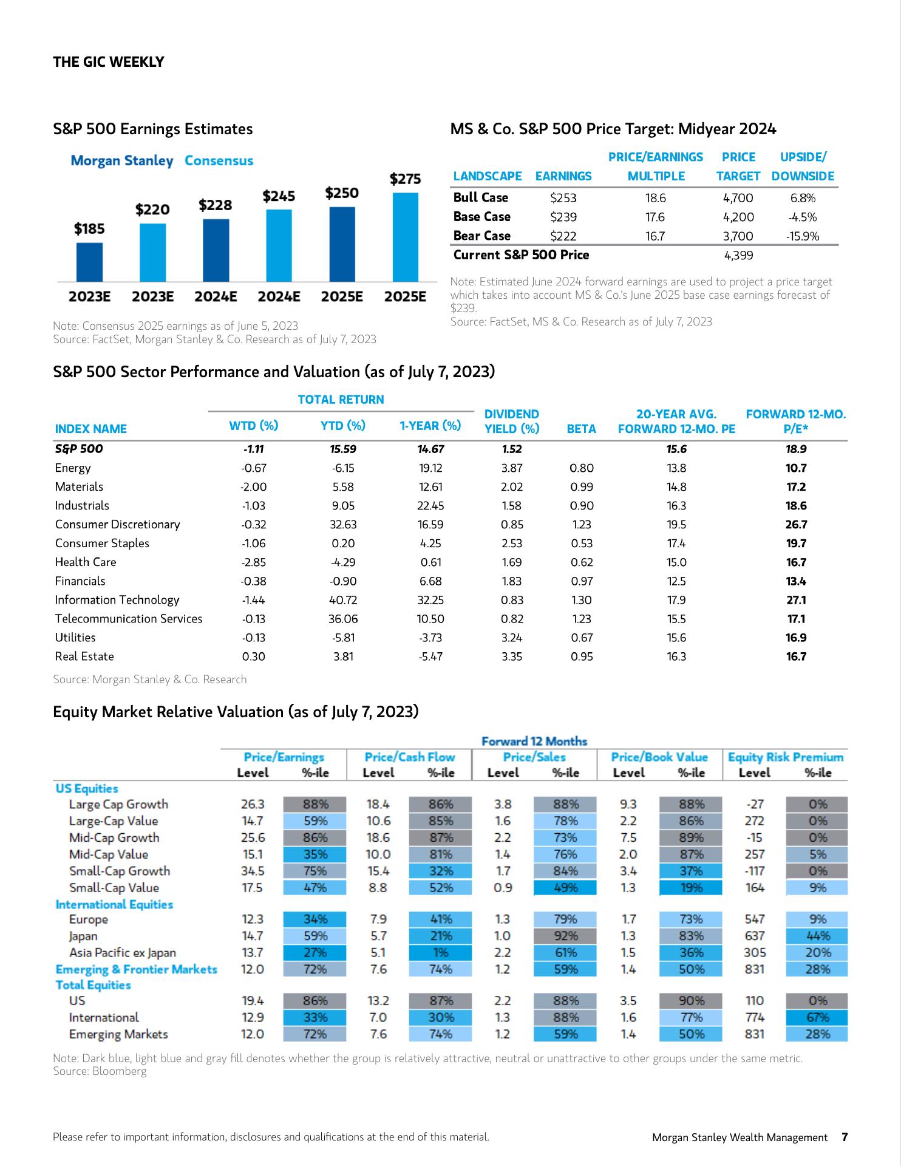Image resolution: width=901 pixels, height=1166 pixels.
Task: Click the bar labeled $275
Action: [405, 237]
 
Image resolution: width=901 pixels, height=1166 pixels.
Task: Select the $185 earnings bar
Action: [89, 262]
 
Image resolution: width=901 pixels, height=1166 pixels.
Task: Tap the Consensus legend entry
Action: [219, 161]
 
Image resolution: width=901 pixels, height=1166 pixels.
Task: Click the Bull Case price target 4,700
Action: [738, 198]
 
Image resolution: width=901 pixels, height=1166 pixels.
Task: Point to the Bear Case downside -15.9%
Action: [803, 236]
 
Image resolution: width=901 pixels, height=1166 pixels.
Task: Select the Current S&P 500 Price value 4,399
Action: [739, 256]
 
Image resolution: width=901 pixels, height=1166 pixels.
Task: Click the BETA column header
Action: [581, 429]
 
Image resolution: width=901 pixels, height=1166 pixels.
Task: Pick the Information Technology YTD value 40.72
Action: [343, 600]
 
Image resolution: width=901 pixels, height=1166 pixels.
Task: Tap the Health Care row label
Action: [86, 562]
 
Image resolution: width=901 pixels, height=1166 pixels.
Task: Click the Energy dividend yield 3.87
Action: [512, 468]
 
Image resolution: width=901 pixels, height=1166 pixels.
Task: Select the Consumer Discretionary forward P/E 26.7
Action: [796, 525]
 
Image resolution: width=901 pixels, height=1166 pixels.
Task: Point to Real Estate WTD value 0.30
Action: [253, 656]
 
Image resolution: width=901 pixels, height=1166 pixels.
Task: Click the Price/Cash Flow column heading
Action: [409, 757]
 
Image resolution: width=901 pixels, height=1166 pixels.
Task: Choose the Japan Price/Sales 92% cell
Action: [565, 936]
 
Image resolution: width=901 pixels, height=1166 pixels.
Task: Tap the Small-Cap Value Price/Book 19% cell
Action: [691, 888]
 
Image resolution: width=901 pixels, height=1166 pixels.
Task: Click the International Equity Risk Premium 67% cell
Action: [817, 1017]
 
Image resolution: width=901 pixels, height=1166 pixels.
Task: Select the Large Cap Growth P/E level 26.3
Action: [253, 804]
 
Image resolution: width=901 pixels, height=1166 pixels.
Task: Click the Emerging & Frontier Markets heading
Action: [137, 969]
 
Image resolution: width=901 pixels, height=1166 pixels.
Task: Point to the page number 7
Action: [844, 1137]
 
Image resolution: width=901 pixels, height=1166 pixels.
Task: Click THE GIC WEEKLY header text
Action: [109, 62]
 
